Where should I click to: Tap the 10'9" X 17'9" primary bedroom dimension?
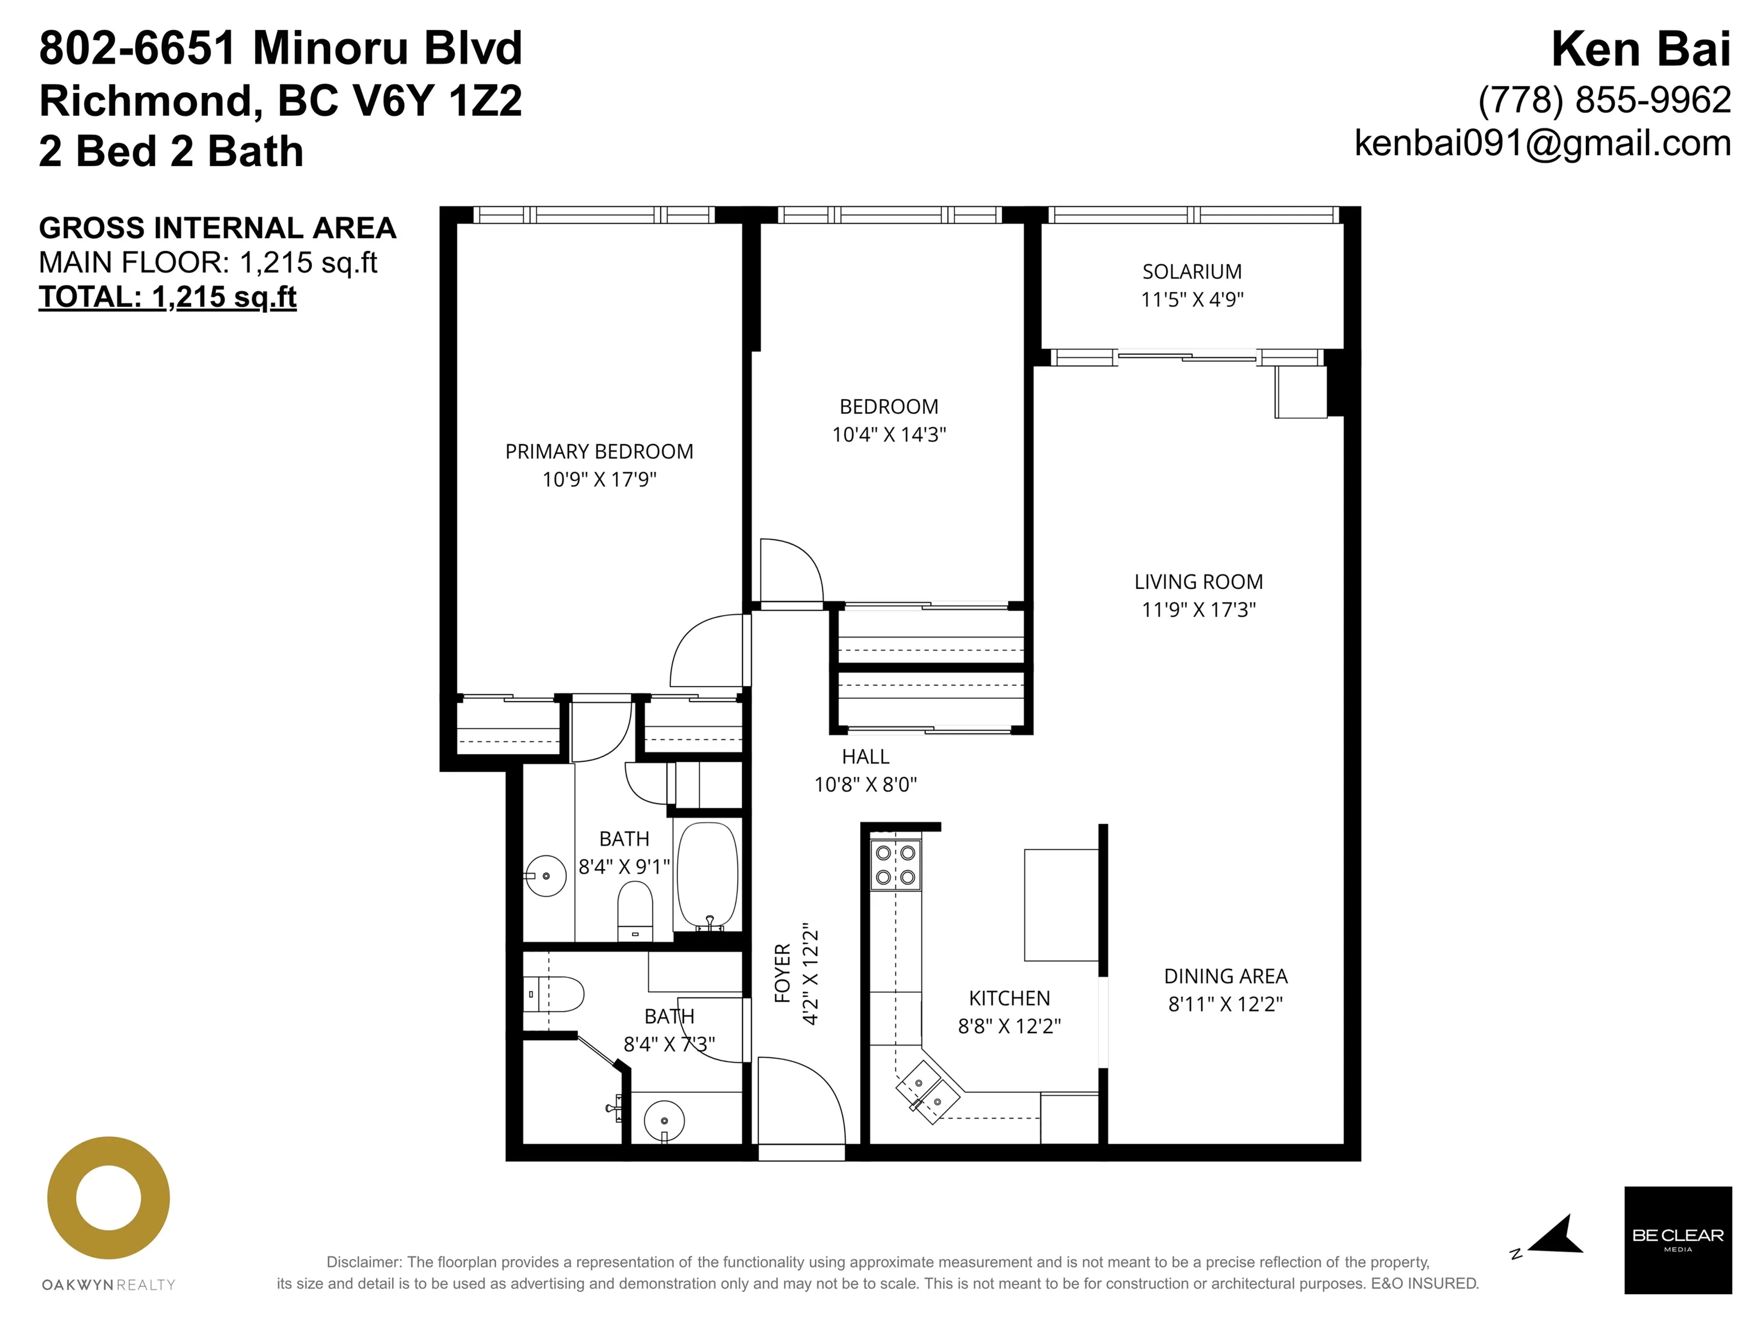coord(600,479)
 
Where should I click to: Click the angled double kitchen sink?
coord(928,1092)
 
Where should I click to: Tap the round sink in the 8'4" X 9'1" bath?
coord(546,876)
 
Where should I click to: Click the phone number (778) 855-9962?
coord(1604,100)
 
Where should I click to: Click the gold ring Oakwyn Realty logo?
coord(109,1197)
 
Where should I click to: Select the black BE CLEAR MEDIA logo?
coord(1677,1239)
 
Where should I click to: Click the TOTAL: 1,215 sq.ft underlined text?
coord(167,297)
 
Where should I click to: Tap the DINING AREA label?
coord(1225,976)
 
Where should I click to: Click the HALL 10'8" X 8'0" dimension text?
coord(865,785)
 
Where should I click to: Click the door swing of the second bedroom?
coord(790,570)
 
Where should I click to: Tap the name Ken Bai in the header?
coord(1640,49)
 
